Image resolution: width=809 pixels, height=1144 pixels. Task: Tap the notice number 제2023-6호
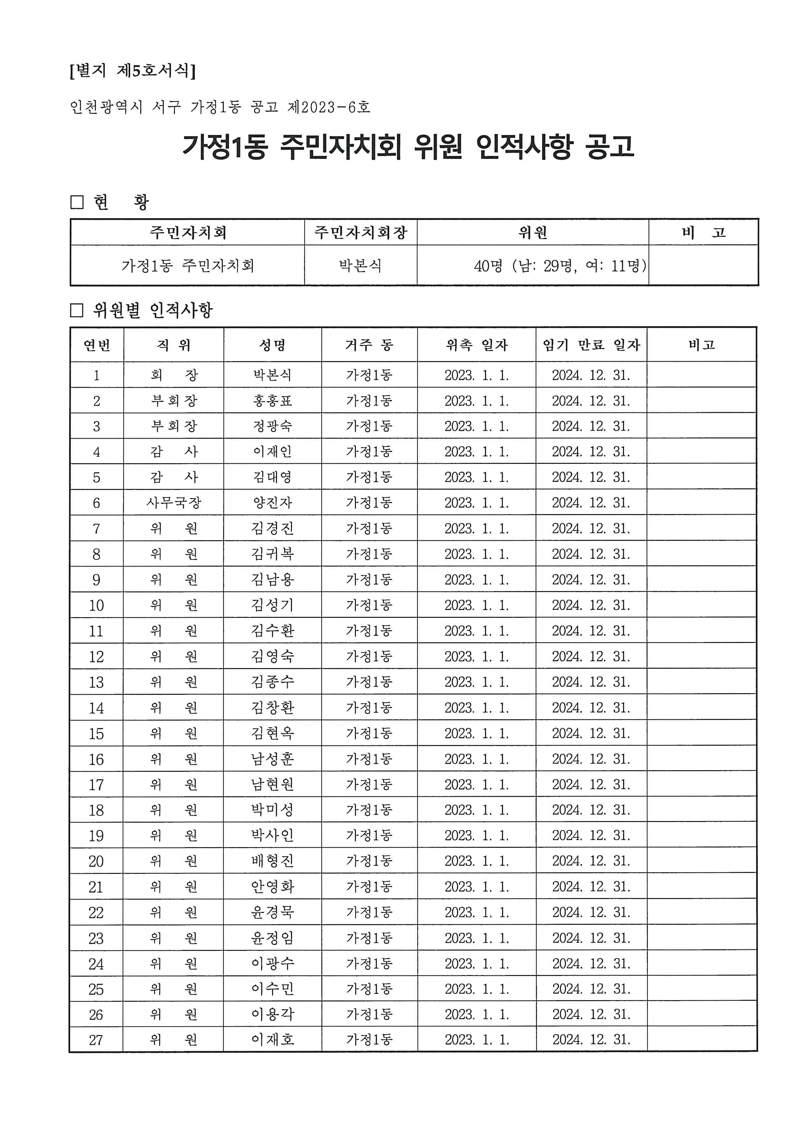click(x=329, y=107)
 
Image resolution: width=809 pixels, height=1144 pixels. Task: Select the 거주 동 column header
click(x=369, y=345)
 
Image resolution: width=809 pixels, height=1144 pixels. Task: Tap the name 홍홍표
click(x=272, y=401)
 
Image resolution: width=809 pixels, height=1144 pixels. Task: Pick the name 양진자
click(x=272, y=503)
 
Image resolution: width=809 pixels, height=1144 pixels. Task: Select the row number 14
click(x=96, y=708)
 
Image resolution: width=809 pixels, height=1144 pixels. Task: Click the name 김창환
click(x=272, y=708)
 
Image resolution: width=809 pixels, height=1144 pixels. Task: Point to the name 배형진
click(x=272, y=861)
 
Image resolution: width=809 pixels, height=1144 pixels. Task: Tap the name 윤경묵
click(x=272, y=912)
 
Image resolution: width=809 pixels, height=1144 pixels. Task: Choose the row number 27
click(x=96, y=1040)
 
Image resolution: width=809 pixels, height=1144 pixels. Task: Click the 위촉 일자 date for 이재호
click(x=477, y=1040)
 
